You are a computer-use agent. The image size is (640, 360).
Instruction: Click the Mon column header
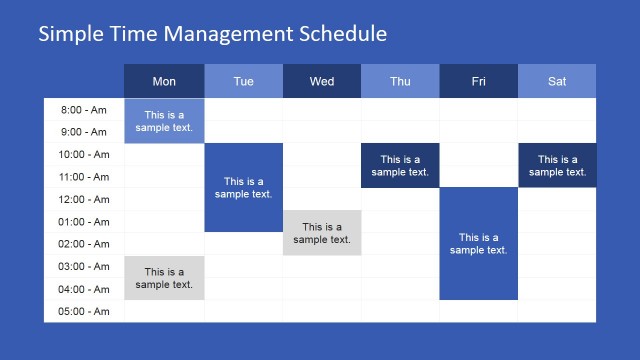(x=164, y=81)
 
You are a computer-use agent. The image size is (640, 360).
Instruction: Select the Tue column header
(x=243, y=81)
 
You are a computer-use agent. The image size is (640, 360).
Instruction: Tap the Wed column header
(x=322, y=81)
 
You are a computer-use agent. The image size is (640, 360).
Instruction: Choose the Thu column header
(x=400, y=81)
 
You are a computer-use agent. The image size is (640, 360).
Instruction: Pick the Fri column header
(x=478, y=81)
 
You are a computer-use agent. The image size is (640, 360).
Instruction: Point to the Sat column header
(x=557, y=81)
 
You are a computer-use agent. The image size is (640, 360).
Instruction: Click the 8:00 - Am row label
(x=85, y=110)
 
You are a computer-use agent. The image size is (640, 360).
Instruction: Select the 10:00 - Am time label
(x=85, y=155)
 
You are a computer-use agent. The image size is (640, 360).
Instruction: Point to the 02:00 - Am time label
(x=85, y=244)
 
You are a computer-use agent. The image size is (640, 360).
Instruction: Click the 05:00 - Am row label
(x=85, y=311)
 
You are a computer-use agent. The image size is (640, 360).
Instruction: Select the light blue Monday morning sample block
(x=164, y=121)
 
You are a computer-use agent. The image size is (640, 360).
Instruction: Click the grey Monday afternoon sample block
(x=164, y=278)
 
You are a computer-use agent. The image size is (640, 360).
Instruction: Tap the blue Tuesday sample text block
(x=243, y=188)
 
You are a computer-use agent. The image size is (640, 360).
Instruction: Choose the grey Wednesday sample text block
(x=322, y=233)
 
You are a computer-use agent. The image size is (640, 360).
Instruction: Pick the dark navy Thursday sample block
(x=400, y=165)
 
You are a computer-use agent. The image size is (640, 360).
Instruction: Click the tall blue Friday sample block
(x=478, y=244)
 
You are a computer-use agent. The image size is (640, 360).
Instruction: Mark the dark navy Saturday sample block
(x=557, y=165)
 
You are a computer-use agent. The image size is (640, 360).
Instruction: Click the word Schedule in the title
(x=341, y=34)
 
